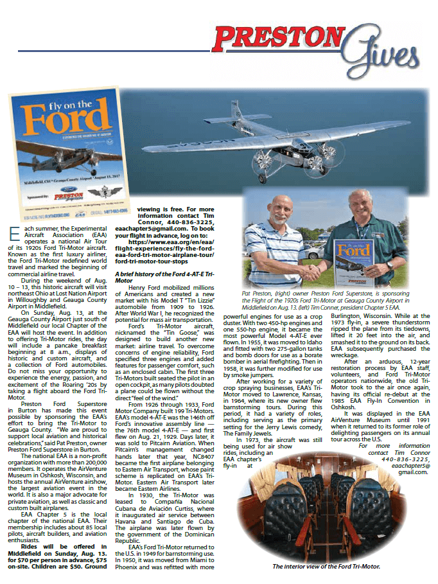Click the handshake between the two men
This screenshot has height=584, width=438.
[314, 272]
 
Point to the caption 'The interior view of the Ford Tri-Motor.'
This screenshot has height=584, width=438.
[327, 565]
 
